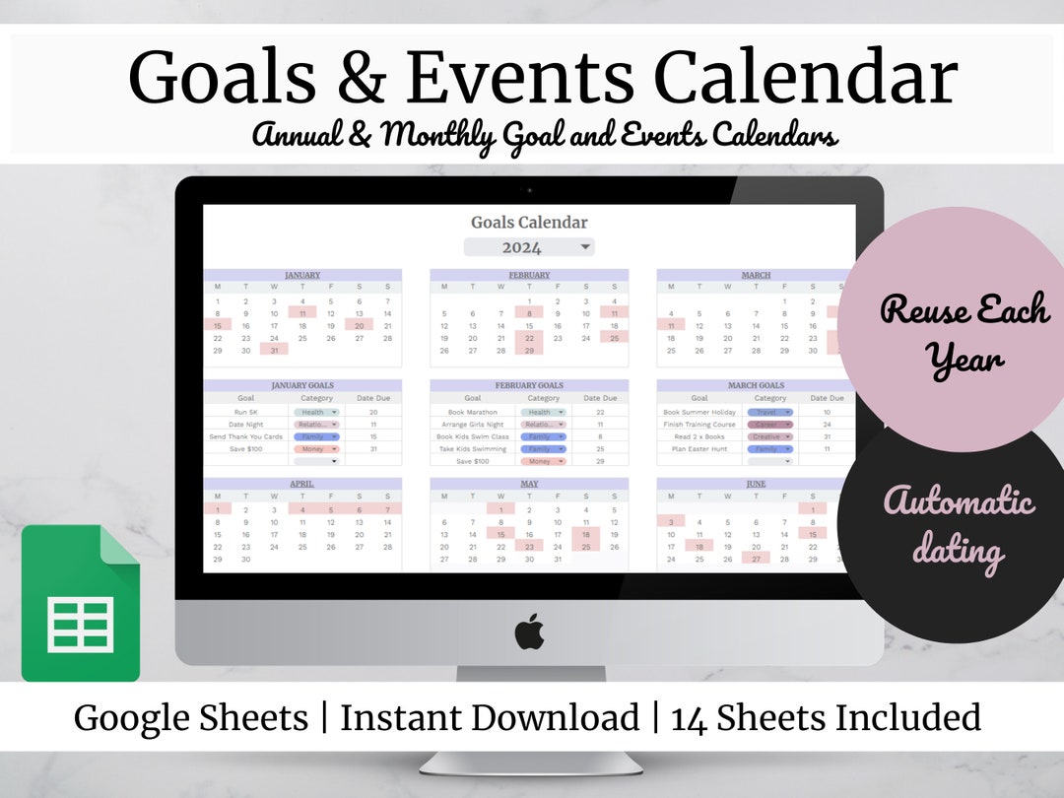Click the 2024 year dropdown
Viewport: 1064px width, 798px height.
529,247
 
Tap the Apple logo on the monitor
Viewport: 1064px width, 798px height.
529,632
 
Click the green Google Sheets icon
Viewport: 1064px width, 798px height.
81,603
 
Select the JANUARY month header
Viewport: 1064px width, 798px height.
302,275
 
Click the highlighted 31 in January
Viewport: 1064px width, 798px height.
274,350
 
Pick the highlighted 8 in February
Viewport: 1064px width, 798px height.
529,312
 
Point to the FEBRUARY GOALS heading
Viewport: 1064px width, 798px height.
529,385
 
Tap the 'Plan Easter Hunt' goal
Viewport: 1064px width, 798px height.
698,448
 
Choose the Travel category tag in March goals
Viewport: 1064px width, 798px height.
770,412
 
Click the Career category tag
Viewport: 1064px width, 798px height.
770,425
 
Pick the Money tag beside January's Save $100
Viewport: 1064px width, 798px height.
315,448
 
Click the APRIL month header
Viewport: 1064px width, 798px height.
302,484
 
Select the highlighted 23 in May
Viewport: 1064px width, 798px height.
529,546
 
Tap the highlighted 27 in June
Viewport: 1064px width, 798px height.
756,559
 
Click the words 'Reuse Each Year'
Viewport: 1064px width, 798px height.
964,335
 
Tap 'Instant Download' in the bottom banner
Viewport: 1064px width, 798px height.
489,717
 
